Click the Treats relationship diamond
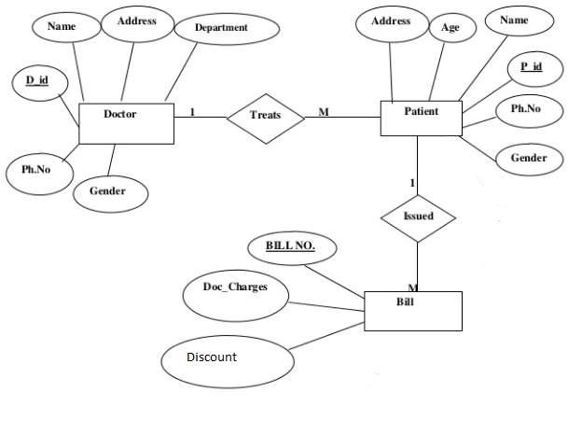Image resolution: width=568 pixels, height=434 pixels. (266, 116)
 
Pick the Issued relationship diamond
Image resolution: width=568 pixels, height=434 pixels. (417, 217)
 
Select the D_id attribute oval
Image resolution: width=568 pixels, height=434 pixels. (37, 82)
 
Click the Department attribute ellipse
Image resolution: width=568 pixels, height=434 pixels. (221, 29)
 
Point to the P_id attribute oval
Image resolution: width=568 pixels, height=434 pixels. (532, 68)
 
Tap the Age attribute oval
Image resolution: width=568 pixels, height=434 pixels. (451, 29)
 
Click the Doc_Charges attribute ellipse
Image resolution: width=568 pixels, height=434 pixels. (234, 287)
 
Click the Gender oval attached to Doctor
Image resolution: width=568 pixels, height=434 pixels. (111, 191)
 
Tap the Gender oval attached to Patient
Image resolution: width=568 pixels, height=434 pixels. (528, 158)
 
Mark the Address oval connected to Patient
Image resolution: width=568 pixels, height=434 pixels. (391, 22)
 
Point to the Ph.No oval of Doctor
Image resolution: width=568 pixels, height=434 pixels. (35, 170)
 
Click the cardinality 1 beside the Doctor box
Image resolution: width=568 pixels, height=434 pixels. (192, 112)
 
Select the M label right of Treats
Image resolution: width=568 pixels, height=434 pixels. (324, 112)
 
